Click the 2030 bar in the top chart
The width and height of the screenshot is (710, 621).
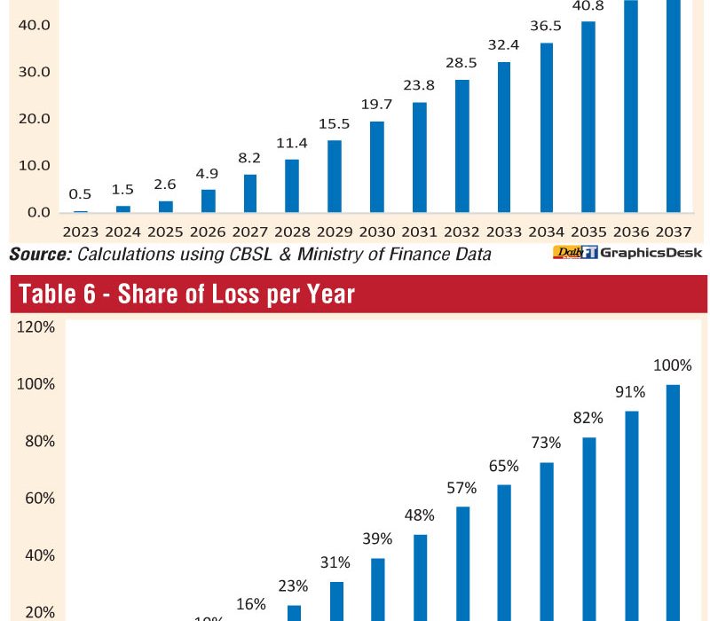[x=377, y=167]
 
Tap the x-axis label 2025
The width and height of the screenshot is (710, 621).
[x=165, y=232]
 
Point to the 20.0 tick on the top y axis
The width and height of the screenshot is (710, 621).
[x=33, y=118]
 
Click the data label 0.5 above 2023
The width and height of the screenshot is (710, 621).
[x=80, y=195]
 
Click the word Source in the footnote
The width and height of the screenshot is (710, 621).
[x=39, y=255]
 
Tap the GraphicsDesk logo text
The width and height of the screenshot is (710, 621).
[x=651, y=254]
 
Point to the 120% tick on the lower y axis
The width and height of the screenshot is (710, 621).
[x=36, y=327]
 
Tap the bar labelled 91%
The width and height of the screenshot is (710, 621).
[x=632, y=515]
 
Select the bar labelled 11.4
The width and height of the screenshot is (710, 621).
[x=292, y=185]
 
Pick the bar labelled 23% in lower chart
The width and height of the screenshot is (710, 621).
[x=293, y=612]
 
